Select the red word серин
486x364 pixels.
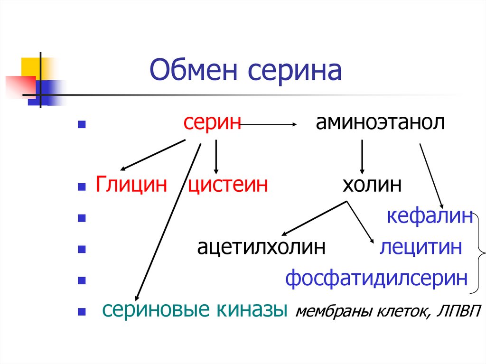tap(213, 123)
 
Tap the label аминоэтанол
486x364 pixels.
tap(380, 123)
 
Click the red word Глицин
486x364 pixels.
tap(132, 184)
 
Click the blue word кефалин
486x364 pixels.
tap(430, 216)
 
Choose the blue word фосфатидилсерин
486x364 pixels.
tap(376, 278)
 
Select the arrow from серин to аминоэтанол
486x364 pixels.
tap(269, 125)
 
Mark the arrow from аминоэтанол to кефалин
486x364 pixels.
tap(431, 176)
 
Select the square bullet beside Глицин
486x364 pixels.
tap(81, 187)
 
